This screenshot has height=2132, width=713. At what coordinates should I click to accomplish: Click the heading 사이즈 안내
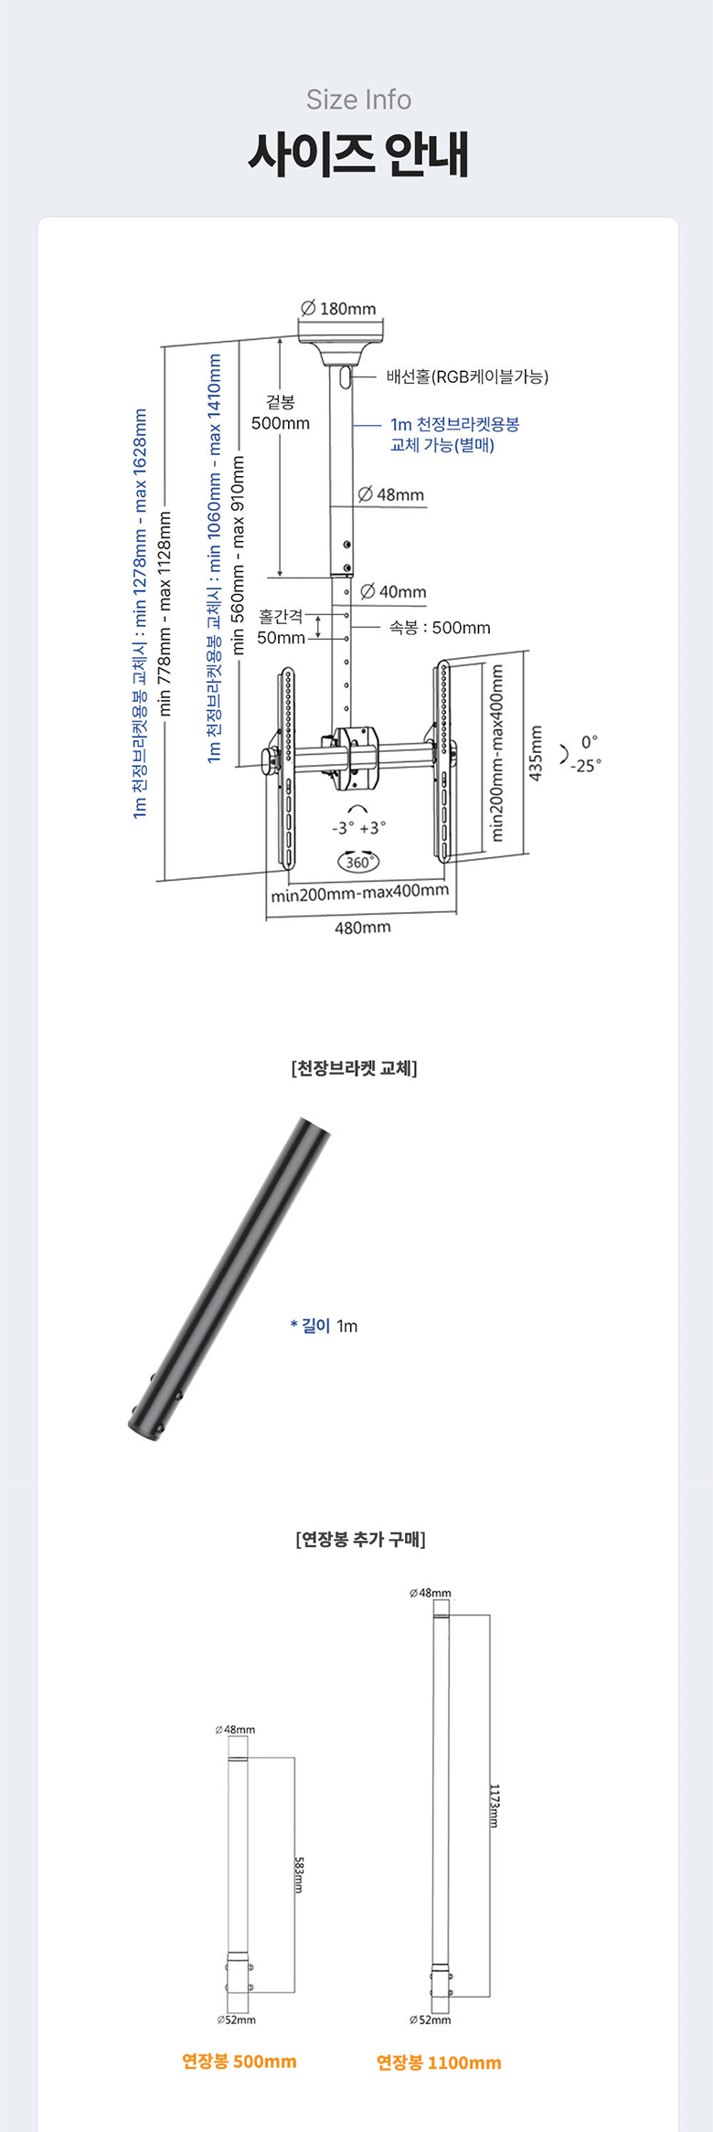pyautogui.click(x=358, y=154)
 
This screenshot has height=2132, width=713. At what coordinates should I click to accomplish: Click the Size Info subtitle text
pyautogui.click(x=358, y=100)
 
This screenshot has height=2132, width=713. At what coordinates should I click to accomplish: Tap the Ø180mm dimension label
pyautogui.click(x=338, y=309)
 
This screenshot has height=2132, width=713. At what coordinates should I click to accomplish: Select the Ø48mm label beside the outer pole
pyautogui.click(x=391, y=494)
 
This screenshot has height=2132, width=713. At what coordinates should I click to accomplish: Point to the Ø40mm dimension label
pyautogui.click(x=393, y=591)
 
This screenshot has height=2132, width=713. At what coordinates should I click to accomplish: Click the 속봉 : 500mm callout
pyautogui.click(x=440, y=628)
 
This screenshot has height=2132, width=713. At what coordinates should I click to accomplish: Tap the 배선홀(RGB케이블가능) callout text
pyautogui.click(x=467, y=377)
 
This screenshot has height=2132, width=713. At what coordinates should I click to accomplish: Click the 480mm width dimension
pyautogui.click(x=363, y=928)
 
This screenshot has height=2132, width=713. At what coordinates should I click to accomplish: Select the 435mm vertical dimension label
pyautogui.click(x=537, y=753)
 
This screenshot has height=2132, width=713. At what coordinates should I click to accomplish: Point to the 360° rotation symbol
pyautogui.click(x=358, y=862)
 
